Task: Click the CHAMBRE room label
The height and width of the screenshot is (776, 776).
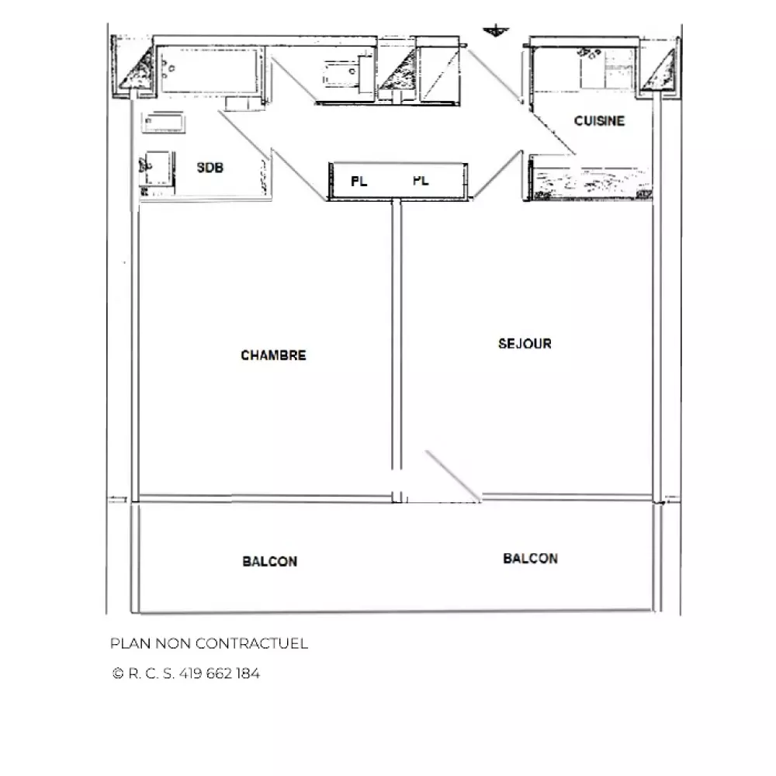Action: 273,355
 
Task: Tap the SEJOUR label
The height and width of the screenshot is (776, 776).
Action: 525,344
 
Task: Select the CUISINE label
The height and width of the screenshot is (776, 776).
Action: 599,121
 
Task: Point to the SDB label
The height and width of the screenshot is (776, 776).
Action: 210,168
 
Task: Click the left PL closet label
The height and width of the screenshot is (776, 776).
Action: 359,182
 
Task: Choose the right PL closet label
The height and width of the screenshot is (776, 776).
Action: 421,181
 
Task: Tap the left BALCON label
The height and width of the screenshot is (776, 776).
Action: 270,561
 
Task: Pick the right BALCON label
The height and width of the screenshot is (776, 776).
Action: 530,558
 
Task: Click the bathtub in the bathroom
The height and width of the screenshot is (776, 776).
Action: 209,70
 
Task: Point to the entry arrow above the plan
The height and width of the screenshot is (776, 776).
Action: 495,31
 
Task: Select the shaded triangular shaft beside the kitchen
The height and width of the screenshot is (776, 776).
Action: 660,71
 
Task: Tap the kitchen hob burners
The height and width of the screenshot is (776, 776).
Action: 590,53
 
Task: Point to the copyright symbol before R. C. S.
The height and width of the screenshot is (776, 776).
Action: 118,674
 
